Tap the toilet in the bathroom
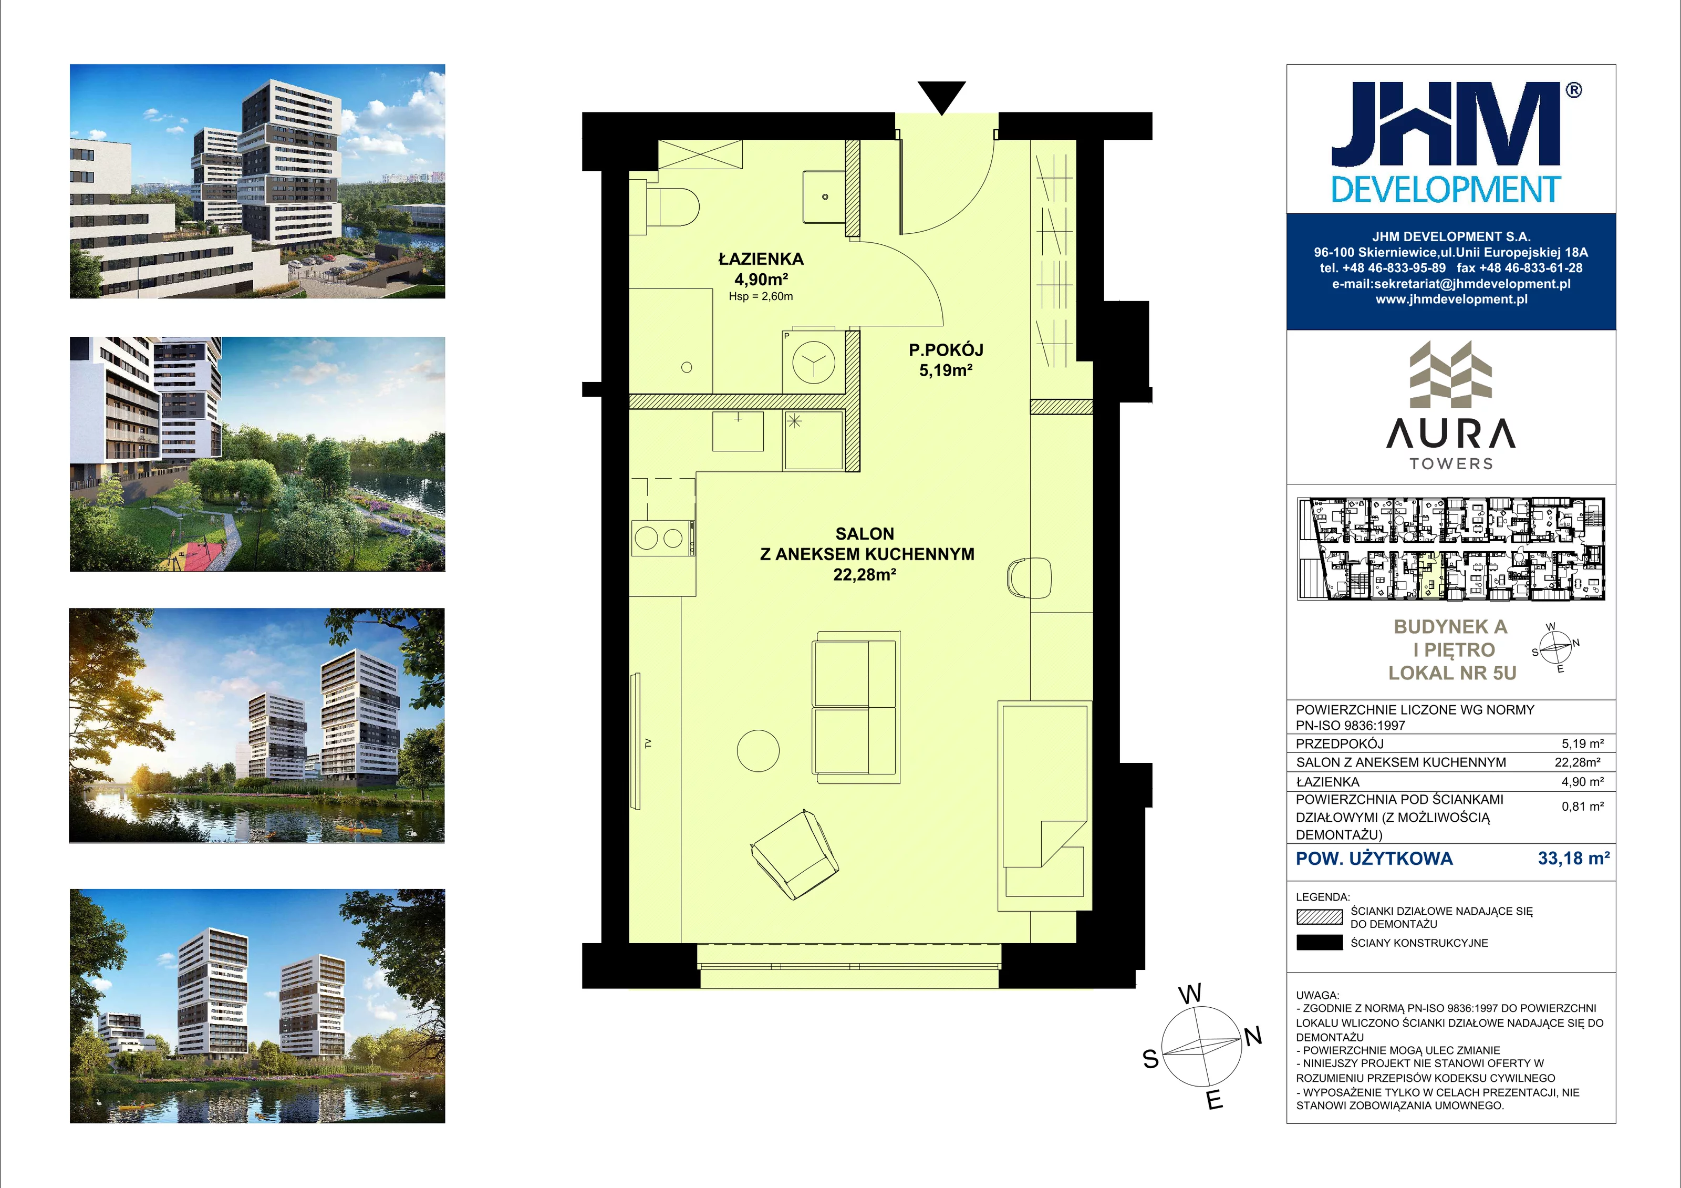pos(672,208)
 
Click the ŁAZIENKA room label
pos(761,259)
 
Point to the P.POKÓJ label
pos(946,350)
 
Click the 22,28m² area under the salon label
pos(865,575)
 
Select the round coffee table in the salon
pos(758,751)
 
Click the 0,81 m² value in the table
pos(1583,807)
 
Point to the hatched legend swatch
pos(1319,917)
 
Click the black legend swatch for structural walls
pos(1319,943)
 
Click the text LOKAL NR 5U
pos(1452,673)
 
